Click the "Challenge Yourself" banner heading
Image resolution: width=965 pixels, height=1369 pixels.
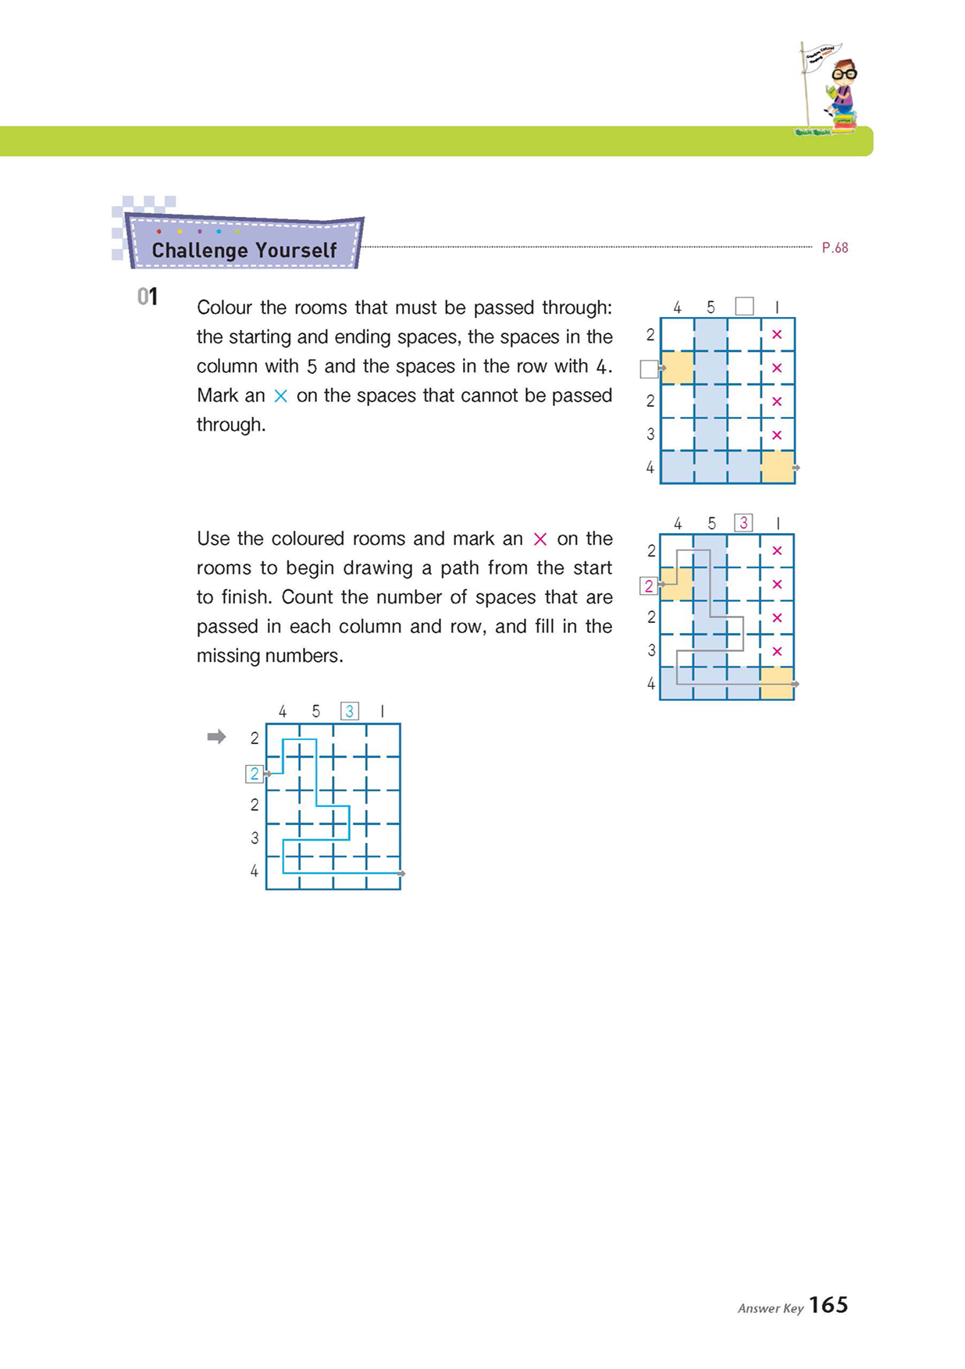244,250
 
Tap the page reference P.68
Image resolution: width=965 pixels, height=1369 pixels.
835,247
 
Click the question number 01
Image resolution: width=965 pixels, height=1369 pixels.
148,297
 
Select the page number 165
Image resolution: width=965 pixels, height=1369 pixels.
828,1305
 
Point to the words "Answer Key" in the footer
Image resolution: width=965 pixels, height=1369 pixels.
770,1308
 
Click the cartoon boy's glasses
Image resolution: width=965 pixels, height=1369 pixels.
844,75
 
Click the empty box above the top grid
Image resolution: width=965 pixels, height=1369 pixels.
744,306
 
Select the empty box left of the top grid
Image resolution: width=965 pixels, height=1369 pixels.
648,368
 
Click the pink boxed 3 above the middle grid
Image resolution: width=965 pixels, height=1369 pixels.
743,523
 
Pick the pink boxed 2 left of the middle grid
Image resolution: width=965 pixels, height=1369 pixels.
648,585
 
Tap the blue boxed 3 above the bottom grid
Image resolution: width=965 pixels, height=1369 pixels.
350,711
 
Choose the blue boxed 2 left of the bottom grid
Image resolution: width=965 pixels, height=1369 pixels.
254,773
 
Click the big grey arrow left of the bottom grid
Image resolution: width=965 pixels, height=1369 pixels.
216,737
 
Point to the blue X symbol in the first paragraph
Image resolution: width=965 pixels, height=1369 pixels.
280,396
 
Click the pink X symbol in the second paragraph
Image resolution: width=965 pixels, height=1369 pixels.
539,539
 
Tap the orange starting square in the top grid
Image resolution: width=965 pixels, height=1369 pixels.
677,368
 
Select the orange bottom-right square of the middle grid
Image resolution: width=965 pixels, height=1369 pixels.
777,683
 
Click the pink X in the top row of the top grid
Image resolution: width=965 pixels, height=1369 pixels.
777,334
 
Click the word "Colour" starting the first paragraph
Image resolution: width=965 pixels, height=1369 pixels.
223,308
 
